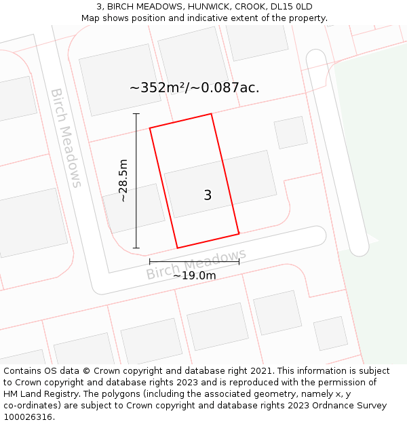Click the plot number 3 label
click(x=208, y=195)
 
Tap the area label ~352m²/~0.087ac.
click(x=195, y=88)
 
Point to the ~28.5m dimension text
click(x=123, y=181)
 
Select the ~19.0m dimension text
click(x=194, y=275)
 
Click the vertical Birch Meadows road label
click(x=66, y=138)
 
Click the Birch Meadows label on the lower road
click(x=196, y=265)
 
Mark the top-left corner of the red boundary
click(x=150, y=128)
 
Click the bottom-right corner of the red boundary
click(x=239, y=233)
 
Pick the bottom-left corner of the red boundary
click(x=177, y=248)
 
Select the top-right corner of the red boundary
click(x=212, y=114)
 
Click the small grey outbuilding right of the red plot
click(x=290, y=132)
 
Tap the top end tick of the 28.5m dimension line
click(x=136, y=114)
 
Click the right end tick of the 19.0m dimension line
click(x=239, y=261)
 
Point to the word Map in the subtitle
click(x=92, y=18)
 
